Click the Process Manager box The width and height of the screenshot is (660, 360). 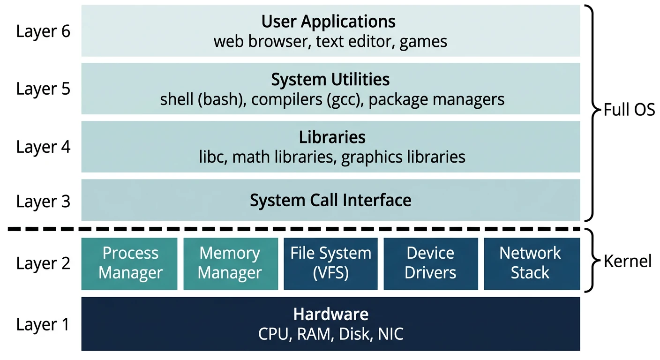point(130,263)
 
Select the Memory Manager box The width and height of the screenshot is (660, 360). point(230,263)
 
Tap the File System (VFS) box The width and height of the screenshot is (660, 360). point(330,263)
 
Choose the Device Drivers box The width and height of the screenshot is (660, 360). point(430,263)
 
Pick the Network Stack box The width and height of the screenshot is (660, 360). point(530,263)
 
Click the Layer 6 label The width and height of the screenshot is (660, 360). point(43,32)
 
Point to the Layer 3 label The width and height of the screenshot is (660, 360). point(43,202)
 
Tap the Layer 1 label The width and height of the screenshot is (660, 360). point(43,324)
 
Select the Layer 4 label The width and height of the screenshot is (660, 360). point(43,147)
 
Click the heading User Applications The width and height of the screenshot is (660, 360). point(329,22)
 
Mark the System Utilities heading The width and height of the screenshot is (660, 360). point(330,79)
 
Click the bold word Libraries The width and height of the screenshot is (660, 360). point(332,137)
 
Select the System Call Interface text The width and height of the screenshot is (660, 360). point(330,200)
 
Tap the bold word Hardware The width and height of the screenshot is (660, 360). point(330,314)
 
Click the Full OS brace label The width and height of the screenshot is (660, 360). point(629,111)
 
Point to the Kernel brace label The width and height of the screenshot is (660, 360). point(627,261)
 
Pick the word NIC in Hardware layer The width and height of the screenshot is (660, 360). point(390,334)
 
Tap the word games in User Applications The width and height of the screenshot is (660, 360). point(424,42)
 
